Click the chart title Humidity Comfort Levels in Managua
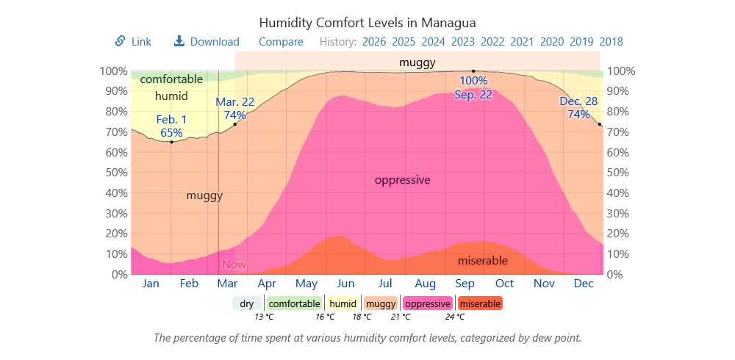coord(367,23)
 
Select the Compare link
coord(281,42)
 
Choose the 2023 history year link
coord(463,42)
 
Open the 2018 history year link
coord(612,42)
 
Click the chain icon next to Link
coord(120,41)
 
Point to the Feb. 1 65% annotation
coord(171,126)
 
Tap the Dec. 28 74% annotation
coord(578,108)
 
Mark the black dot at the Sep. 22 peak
coord(473,71)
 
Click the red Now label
coord(234,264)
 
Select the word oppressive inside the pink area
coord(402,180)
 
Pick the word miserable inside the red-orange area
coord(483,261)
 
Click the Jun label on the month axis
coord(345,284)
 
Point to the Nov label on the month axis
coord(544,284)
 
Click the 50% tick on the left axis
coord(114,173)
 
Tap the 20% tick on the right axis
coord(620,234)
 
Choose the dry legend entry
coord(247,303)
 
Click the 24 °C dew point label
coord(455,317)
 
